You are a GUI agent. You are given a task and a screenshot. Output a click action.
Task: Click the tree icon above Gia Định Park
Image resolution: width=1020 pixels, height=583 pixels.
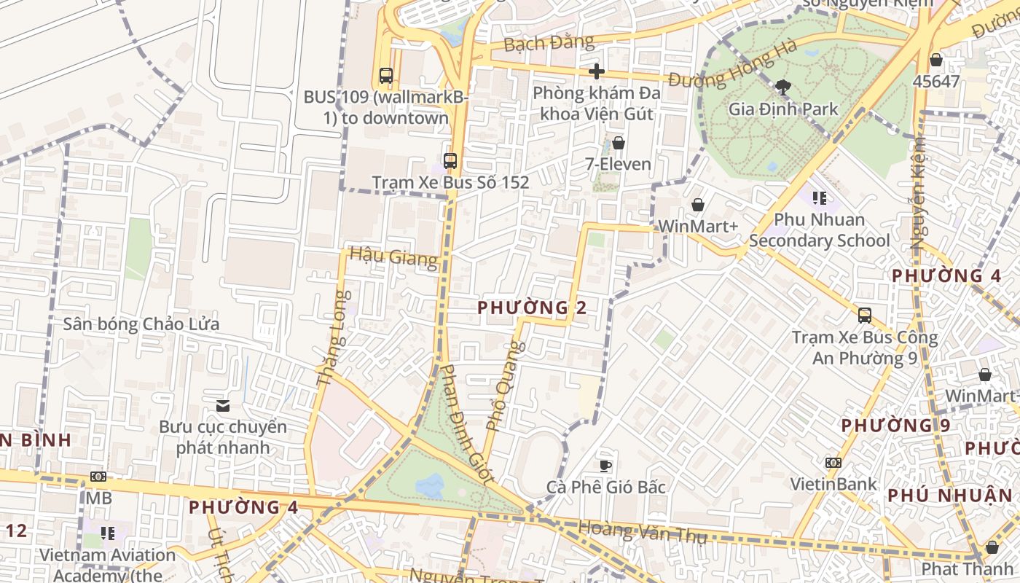pyautogui.click(x=783, y=87)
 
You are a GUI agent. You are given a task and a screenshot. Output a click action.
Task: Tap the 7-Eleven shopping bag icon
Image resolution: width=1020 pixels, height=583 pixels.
pyautogui.click(x=619, y=143)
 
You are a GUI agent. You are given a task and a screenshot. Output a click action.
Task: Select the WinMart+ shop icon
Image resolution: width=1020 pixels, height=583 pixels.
pyautogui.click(x=698, y=205)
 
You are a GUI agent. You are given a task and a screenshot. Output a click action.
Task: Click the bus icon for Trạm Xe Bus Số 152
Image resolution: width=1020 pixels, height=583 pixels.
pyautogui.click(x=450, y=161)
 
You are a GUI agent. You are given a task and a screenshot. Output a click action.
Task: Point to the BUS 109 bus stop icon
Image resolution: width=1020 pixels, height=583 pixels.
pyautogui.click(x=386, y=75)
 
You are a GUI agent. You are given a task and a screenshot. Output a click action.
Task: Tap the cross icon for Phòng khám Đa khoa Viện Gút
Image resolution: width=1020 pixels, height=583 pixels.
pyautogui.click(x=597, y=71)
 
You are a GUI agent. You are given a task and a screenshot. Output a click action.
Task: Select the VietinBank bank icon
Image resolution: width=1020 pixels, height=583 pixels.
pyautogui.click(x=833, y=462)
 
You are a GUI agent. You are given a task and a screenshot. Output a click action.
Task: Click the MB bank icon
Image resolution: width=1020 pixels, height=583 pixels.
pyautogui.click(x=98, y=477)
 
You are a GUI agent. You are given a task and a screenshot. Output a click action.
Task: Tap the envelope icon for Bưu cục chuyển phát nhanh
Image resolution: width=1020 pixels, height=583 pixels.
pyautogui.click(x=223, y=405)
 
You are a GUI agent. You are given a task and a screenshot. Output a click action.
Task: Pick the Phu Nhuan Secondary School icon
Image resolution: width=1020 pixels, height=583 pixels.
pyautogui.click(x=820, y=197)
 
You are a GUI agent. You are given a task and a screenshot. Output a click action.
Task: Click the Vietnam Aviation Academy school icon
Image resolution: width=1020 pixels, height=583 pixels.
pyautogui.click(x=108, y=533)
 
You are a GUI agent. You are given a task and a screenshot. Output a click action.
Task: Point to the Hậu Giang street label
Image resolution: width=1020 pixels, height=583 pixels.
pyautogui.click(x=393, y=257)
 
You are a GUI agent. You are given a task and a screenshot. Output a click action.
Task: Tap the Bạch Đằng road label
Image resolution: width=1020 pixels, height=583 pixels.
pyautogui.click(x=549, y=43)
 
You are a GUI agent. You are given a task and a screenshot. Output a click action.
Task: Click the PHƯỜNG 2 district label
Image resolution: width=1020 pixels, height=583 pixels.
pyautogui.click(x=532, y=308)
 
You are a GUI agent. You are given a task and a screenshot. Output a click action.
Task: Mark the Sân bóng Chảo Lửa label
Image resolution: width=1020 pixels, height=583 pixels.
pyautogui.click(x=141, y=324)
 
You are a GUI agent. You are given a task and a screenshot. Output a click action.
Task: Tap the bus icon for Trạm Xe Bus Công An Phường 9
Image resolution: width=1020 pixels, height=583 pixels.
pyautogui.click(x=865, y=316)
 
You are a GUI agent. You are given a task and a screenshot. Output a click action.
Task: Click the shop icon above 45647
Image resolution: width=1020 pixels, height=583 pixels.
pyautogui.click(x=936, y=60)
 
